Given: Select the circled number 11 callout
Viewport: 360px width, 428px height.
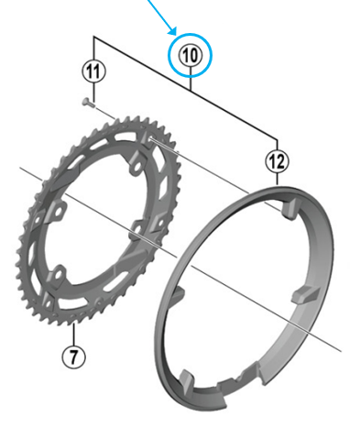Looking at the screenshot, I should click(x=93, y=70).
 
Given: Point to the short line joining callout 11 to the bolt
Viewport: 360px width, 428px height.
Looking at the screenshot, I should click(x=93, y=89).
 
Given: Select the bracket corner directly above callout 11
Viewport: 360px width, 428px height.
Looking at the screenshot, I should click(x=93, y=38).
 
